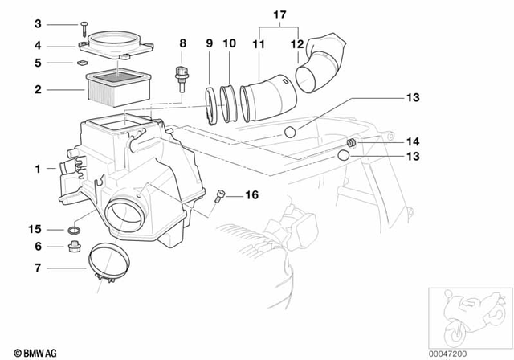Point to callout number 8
click(182, 43)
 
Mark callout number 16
click(251, 194)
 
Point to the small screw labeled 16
click(222, 194)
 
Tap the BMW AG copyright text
click(26, 352)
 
